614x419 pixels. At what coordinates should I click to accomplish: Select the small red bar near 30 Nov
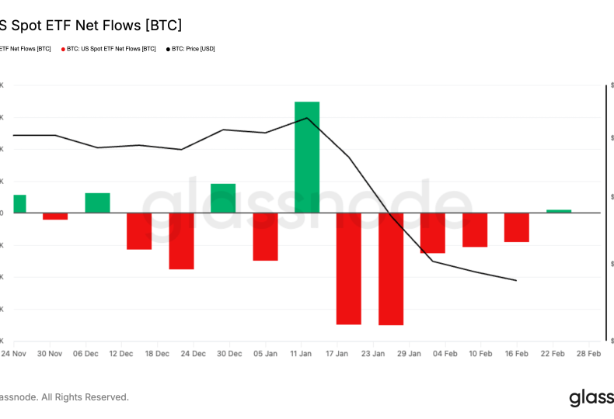pyautogui.click(x=55, y=216)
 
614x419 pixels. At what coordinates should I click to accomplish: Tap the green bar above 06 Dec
pyautogui.click(x=97, y=203)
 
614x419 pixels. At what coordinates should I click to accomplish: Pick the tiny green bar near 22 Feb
pyautogui.click(x=559, y=211)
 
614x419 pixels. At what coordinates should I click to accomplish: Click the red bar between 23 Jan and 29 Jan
pyautogui.click(x=391, y=268)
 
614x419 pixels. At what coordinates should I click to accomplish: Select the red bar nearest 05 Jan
pyautogui.click(x=265, y=237)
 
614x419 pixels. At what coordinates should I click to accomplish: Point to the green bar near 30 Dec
pyautogui.click(x=223, y=198)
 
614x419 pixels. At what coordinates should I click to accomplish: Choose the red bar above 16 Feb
pyautogui.click(x=517, y=227)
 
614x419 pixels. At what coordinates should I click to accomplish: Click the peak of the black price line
pyautogui.click(x=308, y=118)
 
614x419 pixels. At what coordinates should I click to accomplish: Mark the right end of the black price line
pyautogui.click(x=516, y=280)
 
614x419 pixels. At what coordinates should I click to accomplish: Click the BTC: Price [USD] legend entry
pyautogui.click(x=191, y=49)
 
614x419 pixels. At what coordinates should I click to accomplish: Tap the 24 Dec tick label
pyautogui.click(x=194, y=354)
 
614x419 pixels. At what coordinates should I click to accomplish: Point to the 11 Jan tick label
pyautogui.click(x=301, y=354)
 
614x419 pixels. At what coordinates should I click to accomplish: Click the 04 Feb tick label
pyautogui.click(x=445, y=354)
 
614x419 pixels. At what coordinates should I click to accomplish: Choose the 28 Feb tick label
pyautogui.click(x=588, y=354)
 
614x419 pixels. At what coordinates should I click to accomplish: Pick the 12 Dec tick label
pyautogui.click(x=121, y=354)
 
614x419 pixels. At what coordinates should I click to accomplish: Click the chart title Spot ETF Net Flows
pyautogui.click(x=93, y=26)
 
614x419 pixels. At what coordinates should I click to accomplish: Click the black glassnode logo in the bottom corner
pyautogui.click(x=591, y=398)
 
